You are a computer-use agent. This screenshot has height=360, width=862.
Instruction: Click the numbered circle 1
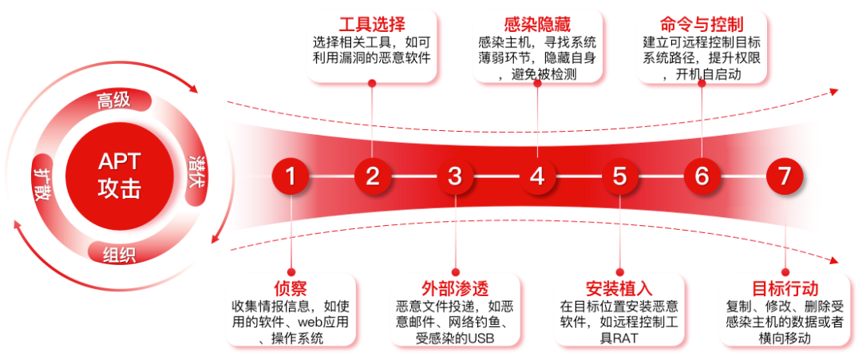coord(291,176)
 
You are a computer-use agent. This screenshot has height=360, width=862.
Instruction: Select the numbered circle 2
coord(373,176)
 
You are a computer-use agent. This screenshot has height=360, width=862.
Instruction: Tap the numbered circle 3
coord(455,176)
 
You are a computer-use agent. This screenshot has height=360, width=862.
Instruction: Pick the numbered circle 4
coord(537,176)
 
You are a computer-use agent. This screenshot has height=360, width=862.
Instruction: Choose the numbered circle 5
coord(619,176)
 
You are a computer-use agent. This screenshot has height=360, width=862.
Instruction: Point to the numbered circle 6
coord(702,176)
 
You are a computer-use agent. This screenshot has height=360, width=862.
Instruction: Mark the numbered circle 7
coord(784,176)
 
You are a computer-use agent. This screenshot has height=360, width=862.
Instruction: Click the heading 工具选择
coord(373,24)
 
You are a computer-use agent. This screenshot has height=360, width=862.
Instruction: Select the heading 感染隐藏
coord(537,24)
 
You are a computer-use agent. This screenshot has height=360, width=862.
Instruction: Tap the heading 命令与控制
coord(702,24)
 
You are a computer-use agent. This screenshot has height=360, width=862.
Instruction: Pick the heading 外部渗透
coord(455,288)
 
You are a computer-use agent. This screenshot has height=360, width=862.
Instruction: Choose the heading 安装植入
coord(619,288)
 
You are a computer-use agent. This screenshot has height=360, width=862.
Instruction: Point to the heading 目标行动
coord(785,288)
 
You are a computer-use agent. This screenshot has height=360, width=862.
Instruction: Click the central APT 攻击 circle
coord(119,176)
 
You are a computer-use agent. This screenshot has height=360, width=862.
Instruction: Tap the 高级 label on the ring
coord(113,101)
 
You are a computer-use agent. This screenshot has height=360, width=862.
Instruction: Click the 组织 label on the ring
coord(119,255)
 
